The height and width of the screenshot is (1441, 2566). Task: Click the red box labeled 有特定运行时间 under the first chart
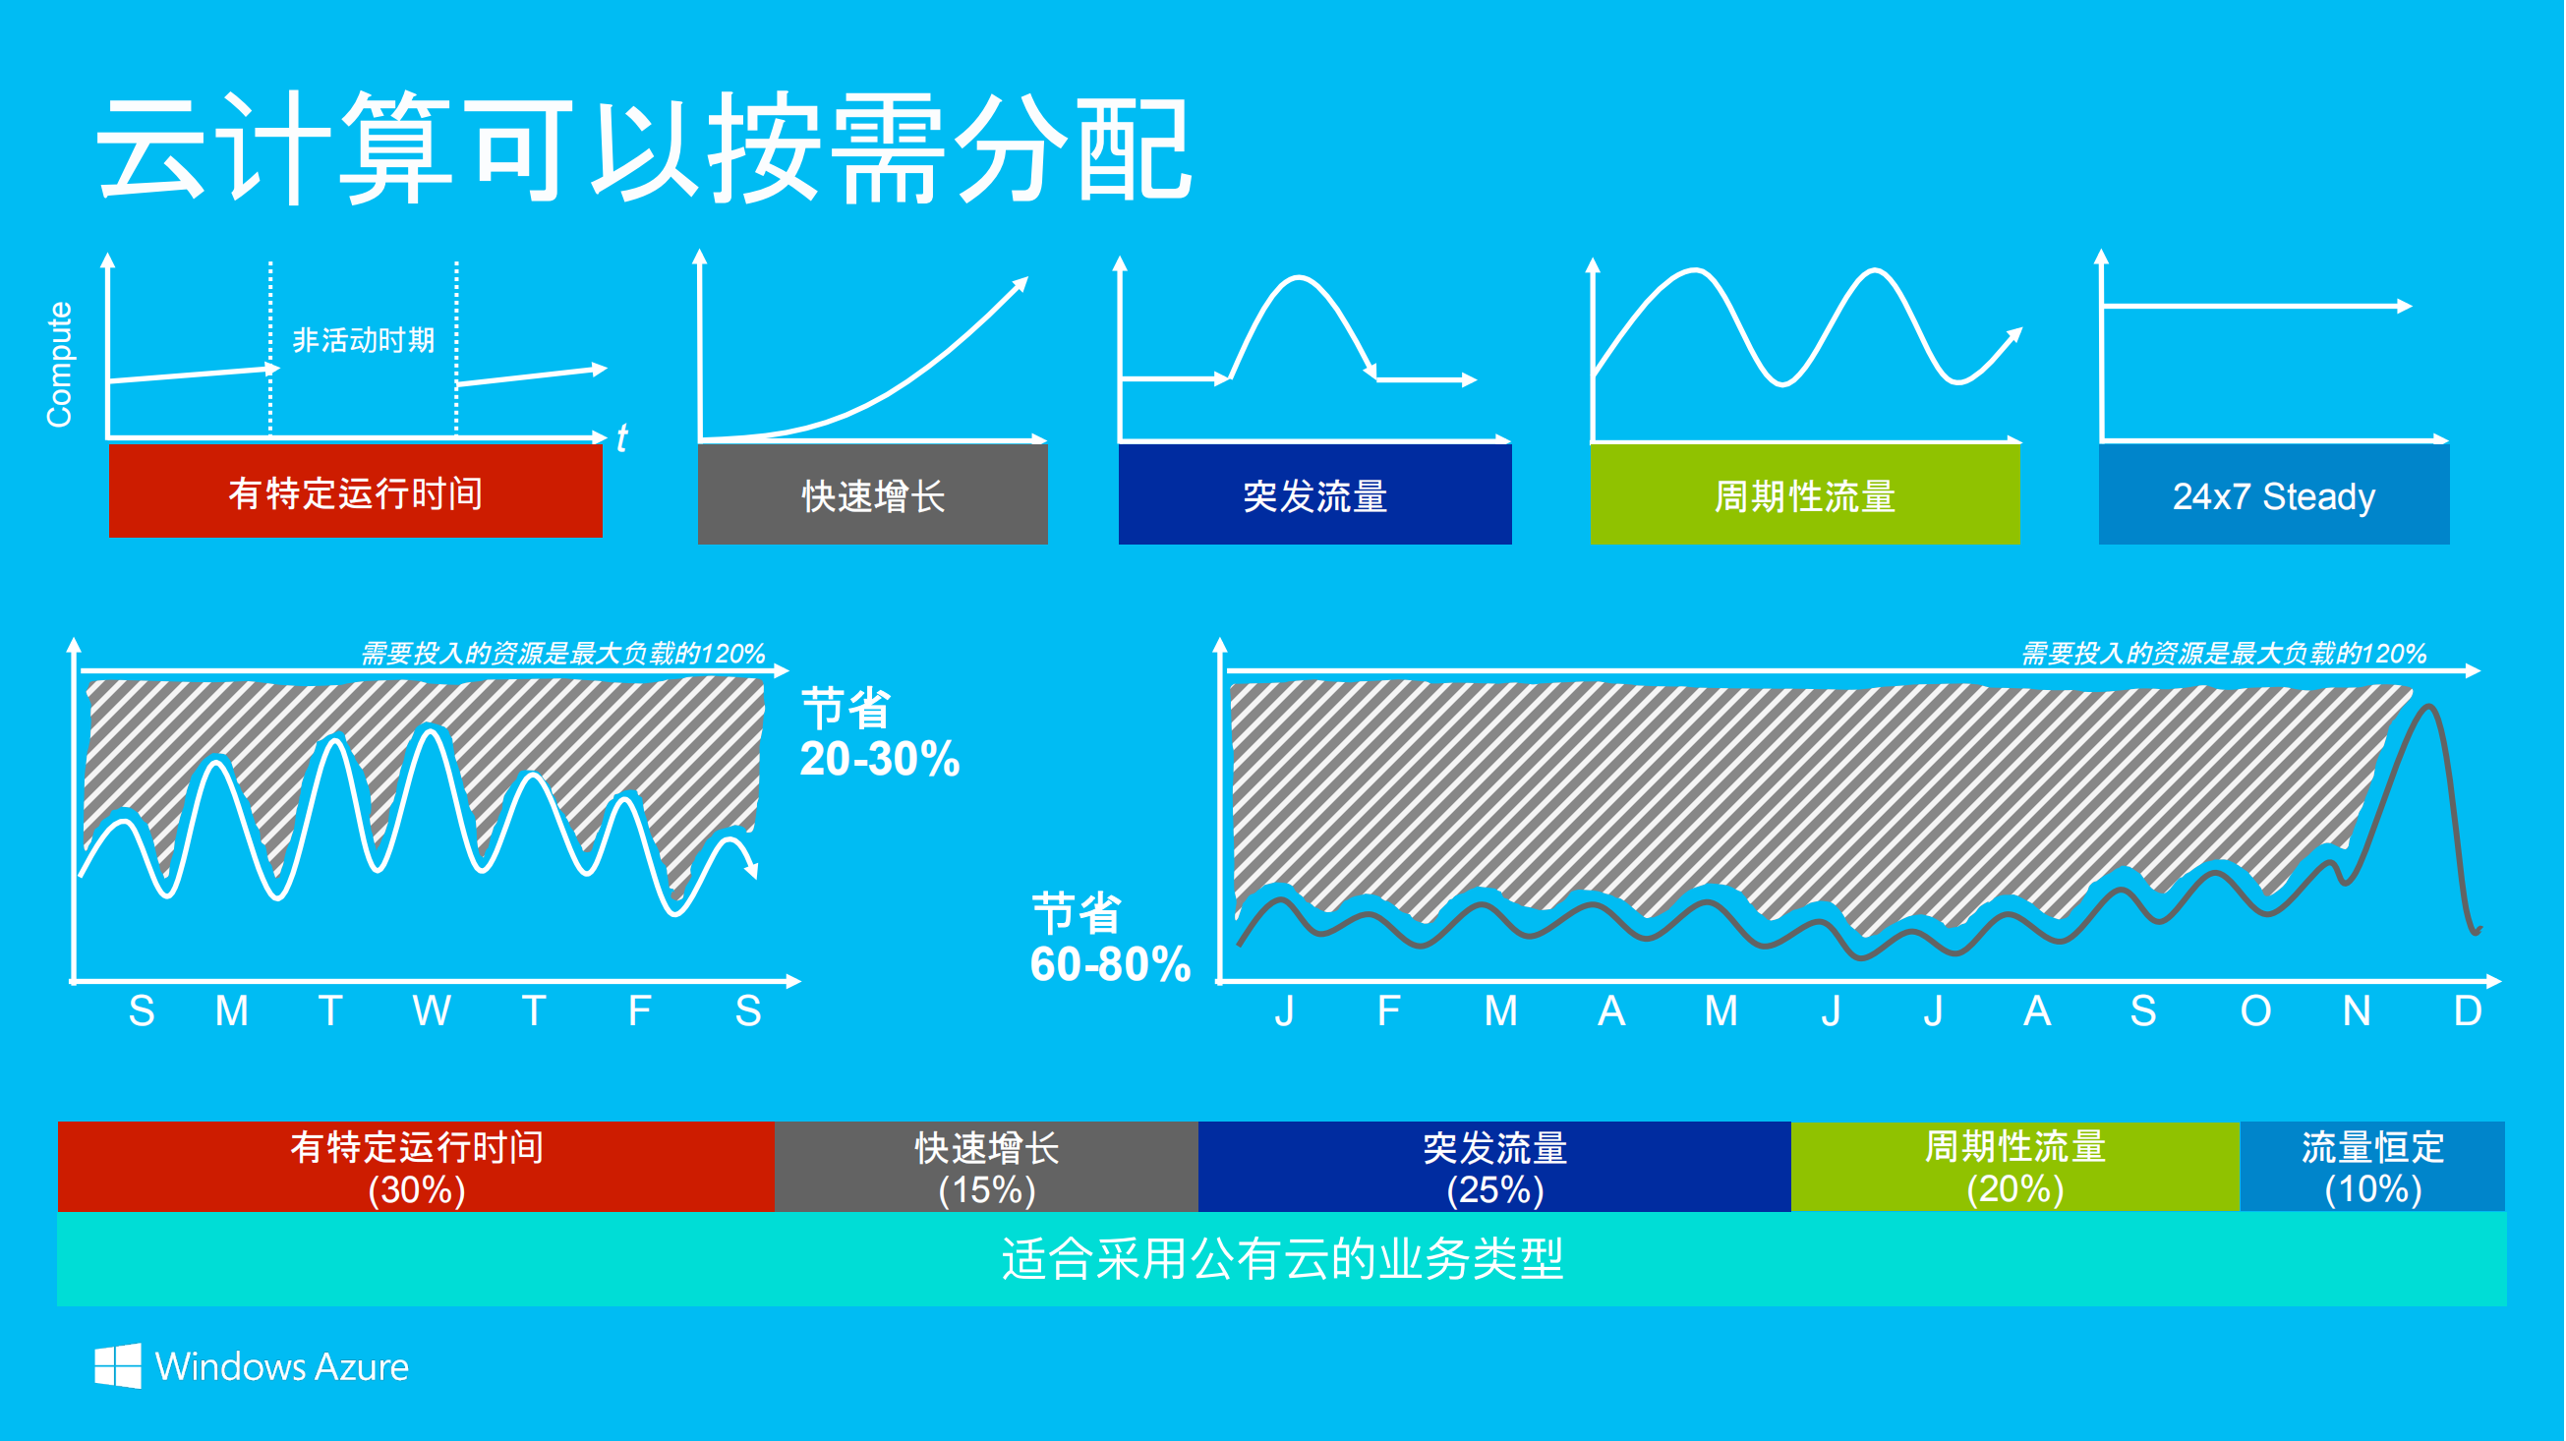click(x=356, y=491)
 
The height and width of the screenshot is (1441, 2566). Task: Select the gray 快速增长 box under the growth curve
click(x=873, y=495)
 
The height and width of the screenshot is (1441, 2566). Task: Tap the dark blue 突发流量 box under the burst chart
click(x=1314, y=495)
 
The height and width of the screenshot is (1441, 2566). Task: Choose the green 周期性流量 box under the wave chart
click(x=1805, y=495)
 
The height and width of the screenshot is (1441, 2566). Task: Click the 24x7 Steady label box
click(x=2273, y=495)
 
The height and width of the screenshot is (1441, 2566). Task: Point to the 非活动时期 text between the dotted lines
click(x=364, y=340)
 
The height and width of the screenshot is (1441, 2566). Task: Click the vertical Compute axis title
click(x=60, y=365)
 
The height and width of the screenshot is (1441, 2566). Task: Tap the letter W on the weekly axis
click(x=432, y=1010)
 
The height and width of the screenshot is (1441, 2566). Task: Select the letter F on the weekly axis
click(x=639, y=1010)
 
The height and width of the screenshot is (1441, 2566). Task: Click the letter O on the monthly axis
click(x=2256, y=1010)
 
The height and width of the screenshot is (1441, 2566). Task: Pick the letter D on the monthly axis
click(x=2468, y=1010)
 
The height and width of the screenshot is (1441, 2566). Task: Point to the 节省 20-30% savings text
click(x=879, y=734)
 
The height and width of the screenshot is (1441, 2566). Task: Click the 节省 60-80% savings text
click(x=1110, y=938)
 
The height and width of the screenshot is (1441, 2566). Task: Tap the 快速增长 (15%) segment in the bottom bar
click(x=986, y=1167)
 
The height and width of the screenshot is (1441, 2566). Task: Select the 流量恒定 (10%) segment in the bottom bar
click(x=2372, y=1167)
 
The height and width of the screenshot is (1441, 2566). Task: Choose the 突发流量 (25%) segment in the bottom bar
click(x=1494, y=1167)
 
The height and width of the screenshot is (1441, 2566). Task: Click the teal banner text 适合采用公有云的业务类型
click(x=1282, y=1259)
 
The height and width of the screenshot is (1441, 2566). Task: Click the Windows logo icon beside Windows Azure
click(x=118, y=1365)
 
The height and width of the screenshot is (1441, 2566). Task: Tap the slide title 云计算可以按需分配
click(x=644, y=149)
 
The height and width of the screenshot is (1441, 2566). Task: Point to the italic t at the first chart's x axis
click(x=621, y=438)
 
